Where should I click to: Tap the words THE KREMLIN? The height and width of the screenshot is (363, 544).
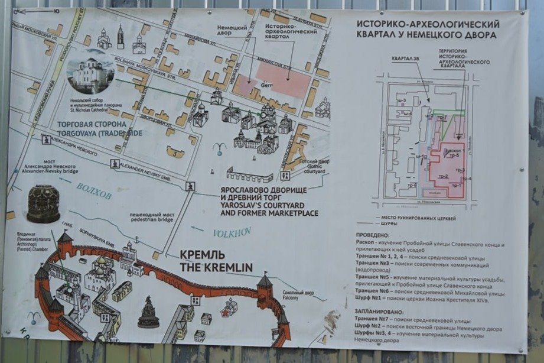[x=217, y=268]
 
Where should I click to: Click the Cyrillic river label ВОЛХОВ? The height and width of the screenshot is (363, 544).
[x=93, y=191]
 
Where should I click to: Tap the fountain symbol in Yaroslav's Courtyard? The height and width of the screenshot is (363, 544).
[x=220, y=148]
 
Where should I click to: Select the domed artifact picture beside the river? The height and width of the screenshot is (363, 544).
[x=43, y=204]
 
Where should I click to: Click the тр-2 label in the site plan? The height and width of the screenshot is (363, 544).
[x=443, y=177]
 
